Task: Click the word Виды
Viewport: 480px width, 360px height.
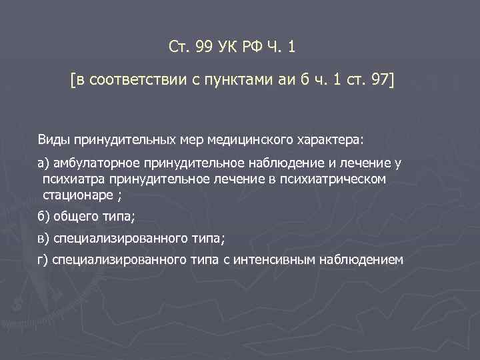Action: [53, 141]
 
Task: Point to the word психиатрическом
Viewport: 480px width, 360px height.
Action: [339, 180]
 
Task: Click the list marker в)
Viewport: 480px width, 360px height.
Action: [43, 239]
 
